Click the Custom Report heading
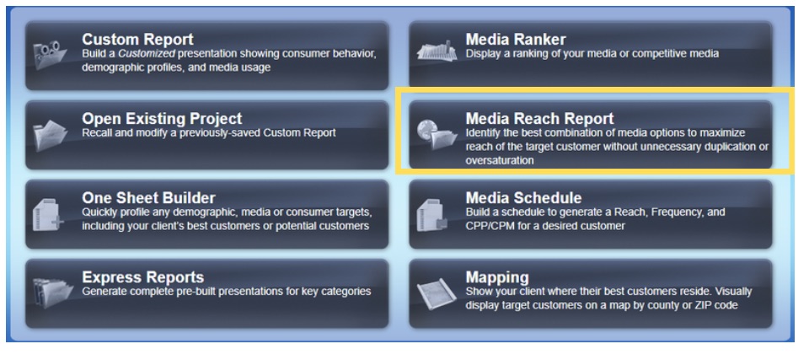tap(137, 40)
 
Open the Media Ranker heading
tap(516, 40)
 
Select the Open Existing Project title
tap(162, 119)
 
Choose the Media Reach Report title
tap(539, 119)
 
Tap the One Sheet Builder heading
tap(148, 198)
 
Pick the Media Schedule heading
tap(523, 198)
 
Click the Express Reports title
tap(142, 277)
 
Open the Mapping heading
tap(497, 277)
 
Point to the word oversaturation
tap(500, 160)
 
